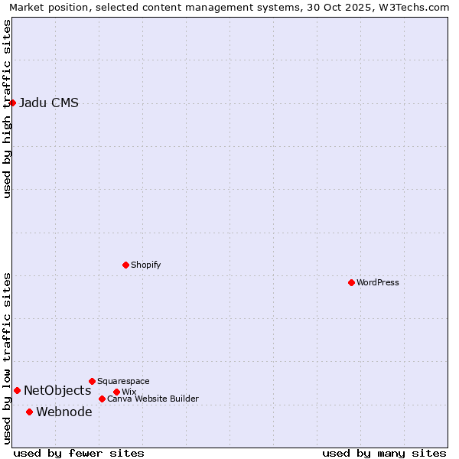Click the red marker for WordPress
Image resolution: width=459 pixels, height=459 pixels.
(351, 282)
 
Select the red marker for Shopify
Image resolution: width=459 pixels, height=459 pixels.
(125, 265)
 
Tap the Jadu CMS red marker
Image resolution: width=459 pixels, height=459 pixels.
(12, 103)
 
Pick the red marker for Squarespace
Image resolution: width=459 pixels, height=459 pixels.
(92, 381)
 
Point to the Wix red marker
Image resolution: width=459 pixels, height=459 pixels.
(116, 392)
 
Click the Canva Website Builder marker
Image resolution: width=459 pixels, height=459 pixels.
(102, 399)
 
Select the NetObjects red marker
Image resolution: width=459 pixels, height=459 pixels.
(17, 390)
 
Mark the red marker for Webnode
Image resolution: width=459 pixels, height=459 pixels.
(30, 412)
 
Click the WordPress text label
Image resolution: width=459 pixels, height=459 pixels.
(378, 282)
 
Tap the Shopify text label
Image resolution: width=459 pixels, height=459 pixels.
(145, 265)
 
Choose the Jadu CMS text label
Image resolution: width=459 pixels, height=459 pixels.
(49, 103)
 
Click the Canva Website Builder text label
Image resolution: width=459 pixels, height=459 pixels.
(153, 399)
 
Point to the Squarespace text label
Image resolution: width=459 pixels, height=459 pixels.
(123, 381)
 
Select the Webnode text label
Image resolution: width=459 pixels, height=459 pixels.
(64, 412)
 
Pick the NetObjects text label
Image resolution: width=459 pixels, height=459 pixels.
(57, 391)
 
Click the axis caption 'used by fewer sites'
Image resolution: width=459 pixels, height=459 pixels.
(79, 453)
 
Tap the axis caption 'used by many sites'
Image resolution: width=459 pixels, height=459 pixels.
(384, 453)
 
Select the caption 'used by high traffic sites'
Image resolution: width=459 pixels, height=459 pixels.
(8, 109)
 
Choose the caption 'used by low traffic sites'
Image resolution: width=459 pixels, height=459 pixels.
(8, 358)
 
